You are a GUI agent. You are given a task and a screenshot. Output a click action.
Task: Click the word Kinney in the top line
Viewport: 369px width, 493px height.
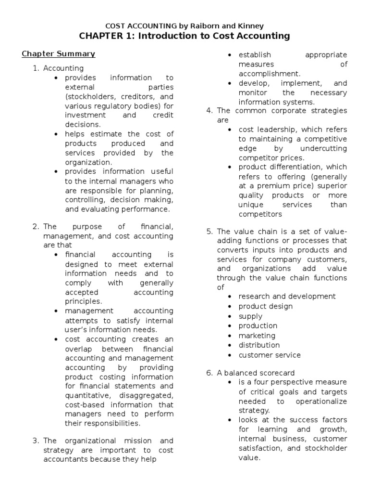(250, 26)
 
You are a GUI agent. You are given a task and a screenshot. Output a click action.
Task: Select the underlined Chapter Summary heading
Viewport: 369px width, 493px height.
(58, 54)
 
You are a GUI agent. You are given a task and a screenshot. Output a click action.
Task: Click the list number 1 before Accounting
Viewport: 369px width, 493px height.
(35, 68)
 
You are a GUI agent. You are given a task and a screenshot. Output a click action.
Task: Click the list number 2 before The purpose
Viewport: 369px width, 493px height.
(35, 226)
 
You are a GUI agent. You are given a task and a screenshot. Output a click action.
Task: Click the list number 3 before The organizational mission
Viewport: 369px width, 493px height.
(35, 441)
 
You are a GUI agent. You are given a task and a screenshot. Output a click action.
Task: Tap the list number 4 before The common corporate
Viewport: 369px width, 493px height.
(209, 111)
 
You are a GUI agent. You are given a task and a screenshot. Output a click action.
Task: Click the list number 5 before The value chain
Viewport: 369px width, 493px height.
(209, 232)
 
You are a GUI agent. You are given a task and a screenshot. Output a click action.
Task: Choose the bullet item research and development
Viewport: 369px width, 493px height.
(287, 297)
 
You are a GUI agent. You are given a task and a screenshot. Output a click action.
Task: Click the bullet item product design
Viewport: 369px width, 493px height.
(265, 306)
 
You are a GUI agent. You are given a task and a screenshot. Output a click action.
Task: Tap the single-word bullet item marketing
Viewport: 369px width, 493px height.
(257, 336)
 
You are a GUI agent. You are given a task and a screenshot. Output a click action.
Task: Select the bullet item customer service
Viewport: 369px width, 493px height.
(270, 355)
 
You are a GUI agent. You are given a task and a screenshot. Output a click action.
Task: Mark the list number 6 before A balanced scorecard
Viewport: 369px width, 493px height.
(209, 373)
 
